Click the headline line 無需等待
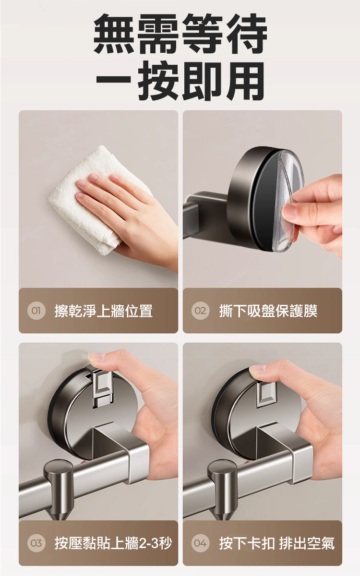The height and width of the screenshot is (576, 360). pyautogui.click(x=180, y=34)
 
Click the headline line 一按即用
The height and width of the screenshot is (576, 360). pyautogui.click(x=180, y=81)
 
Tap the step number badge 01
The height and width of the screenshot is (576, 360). pyautogui.click(x=36, y=311)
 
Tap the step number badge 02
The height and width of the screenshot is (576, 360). pyautogui.click(x=200, y=311)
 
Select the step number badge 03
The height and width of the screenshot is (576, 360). pyautogui.click(x=36, y=543)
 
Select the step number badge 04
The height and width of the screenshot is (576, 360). pyautogui.click(x=200, y=543)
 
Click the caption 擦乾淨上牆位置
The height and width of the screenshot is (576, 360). pyautogui.click(x=104, y=311)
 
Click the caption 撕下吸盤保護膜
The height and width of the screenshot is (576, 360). pyautogui.click(x=268, y=311)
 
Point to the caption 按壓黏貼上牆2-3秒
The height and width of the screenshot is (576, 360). pyautogui.click(x=113, y=543)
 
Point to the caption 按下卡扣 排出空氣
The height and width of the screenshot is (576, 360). pyautogui.click(x=277, y=543)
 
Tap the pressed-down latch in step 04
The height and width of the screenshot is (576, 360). pyautogui.click(x=267, y=395)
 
